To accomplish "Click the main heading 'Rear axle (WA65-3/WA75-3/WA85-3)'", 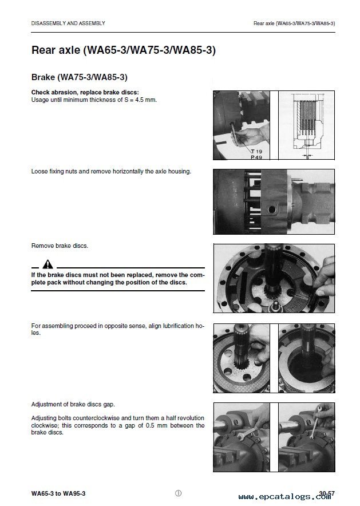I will pyautogui.click(x=123, y=50).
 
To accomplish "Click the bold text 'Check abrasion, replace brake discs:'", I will pyautogui.click(x=85, y=93).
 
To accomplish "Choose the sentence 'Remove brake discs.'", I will pyautogui.click(x=60, y=246).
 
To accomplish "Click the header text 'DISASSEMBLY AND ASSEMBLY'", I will pyautogui.click(x=68, y=23).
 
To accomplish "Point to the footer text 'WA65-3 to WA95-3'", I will pyautogui.click(x=60, y=493).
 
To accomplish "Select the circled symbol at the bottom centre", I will pyautogui.click(x=178, y=493).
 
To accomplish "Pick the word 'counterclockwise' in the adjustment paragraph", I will pyautogui.click(x=97, y=418).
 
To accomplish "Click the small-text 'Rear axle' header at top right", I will pyautogui.click(x=294, y=23).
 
